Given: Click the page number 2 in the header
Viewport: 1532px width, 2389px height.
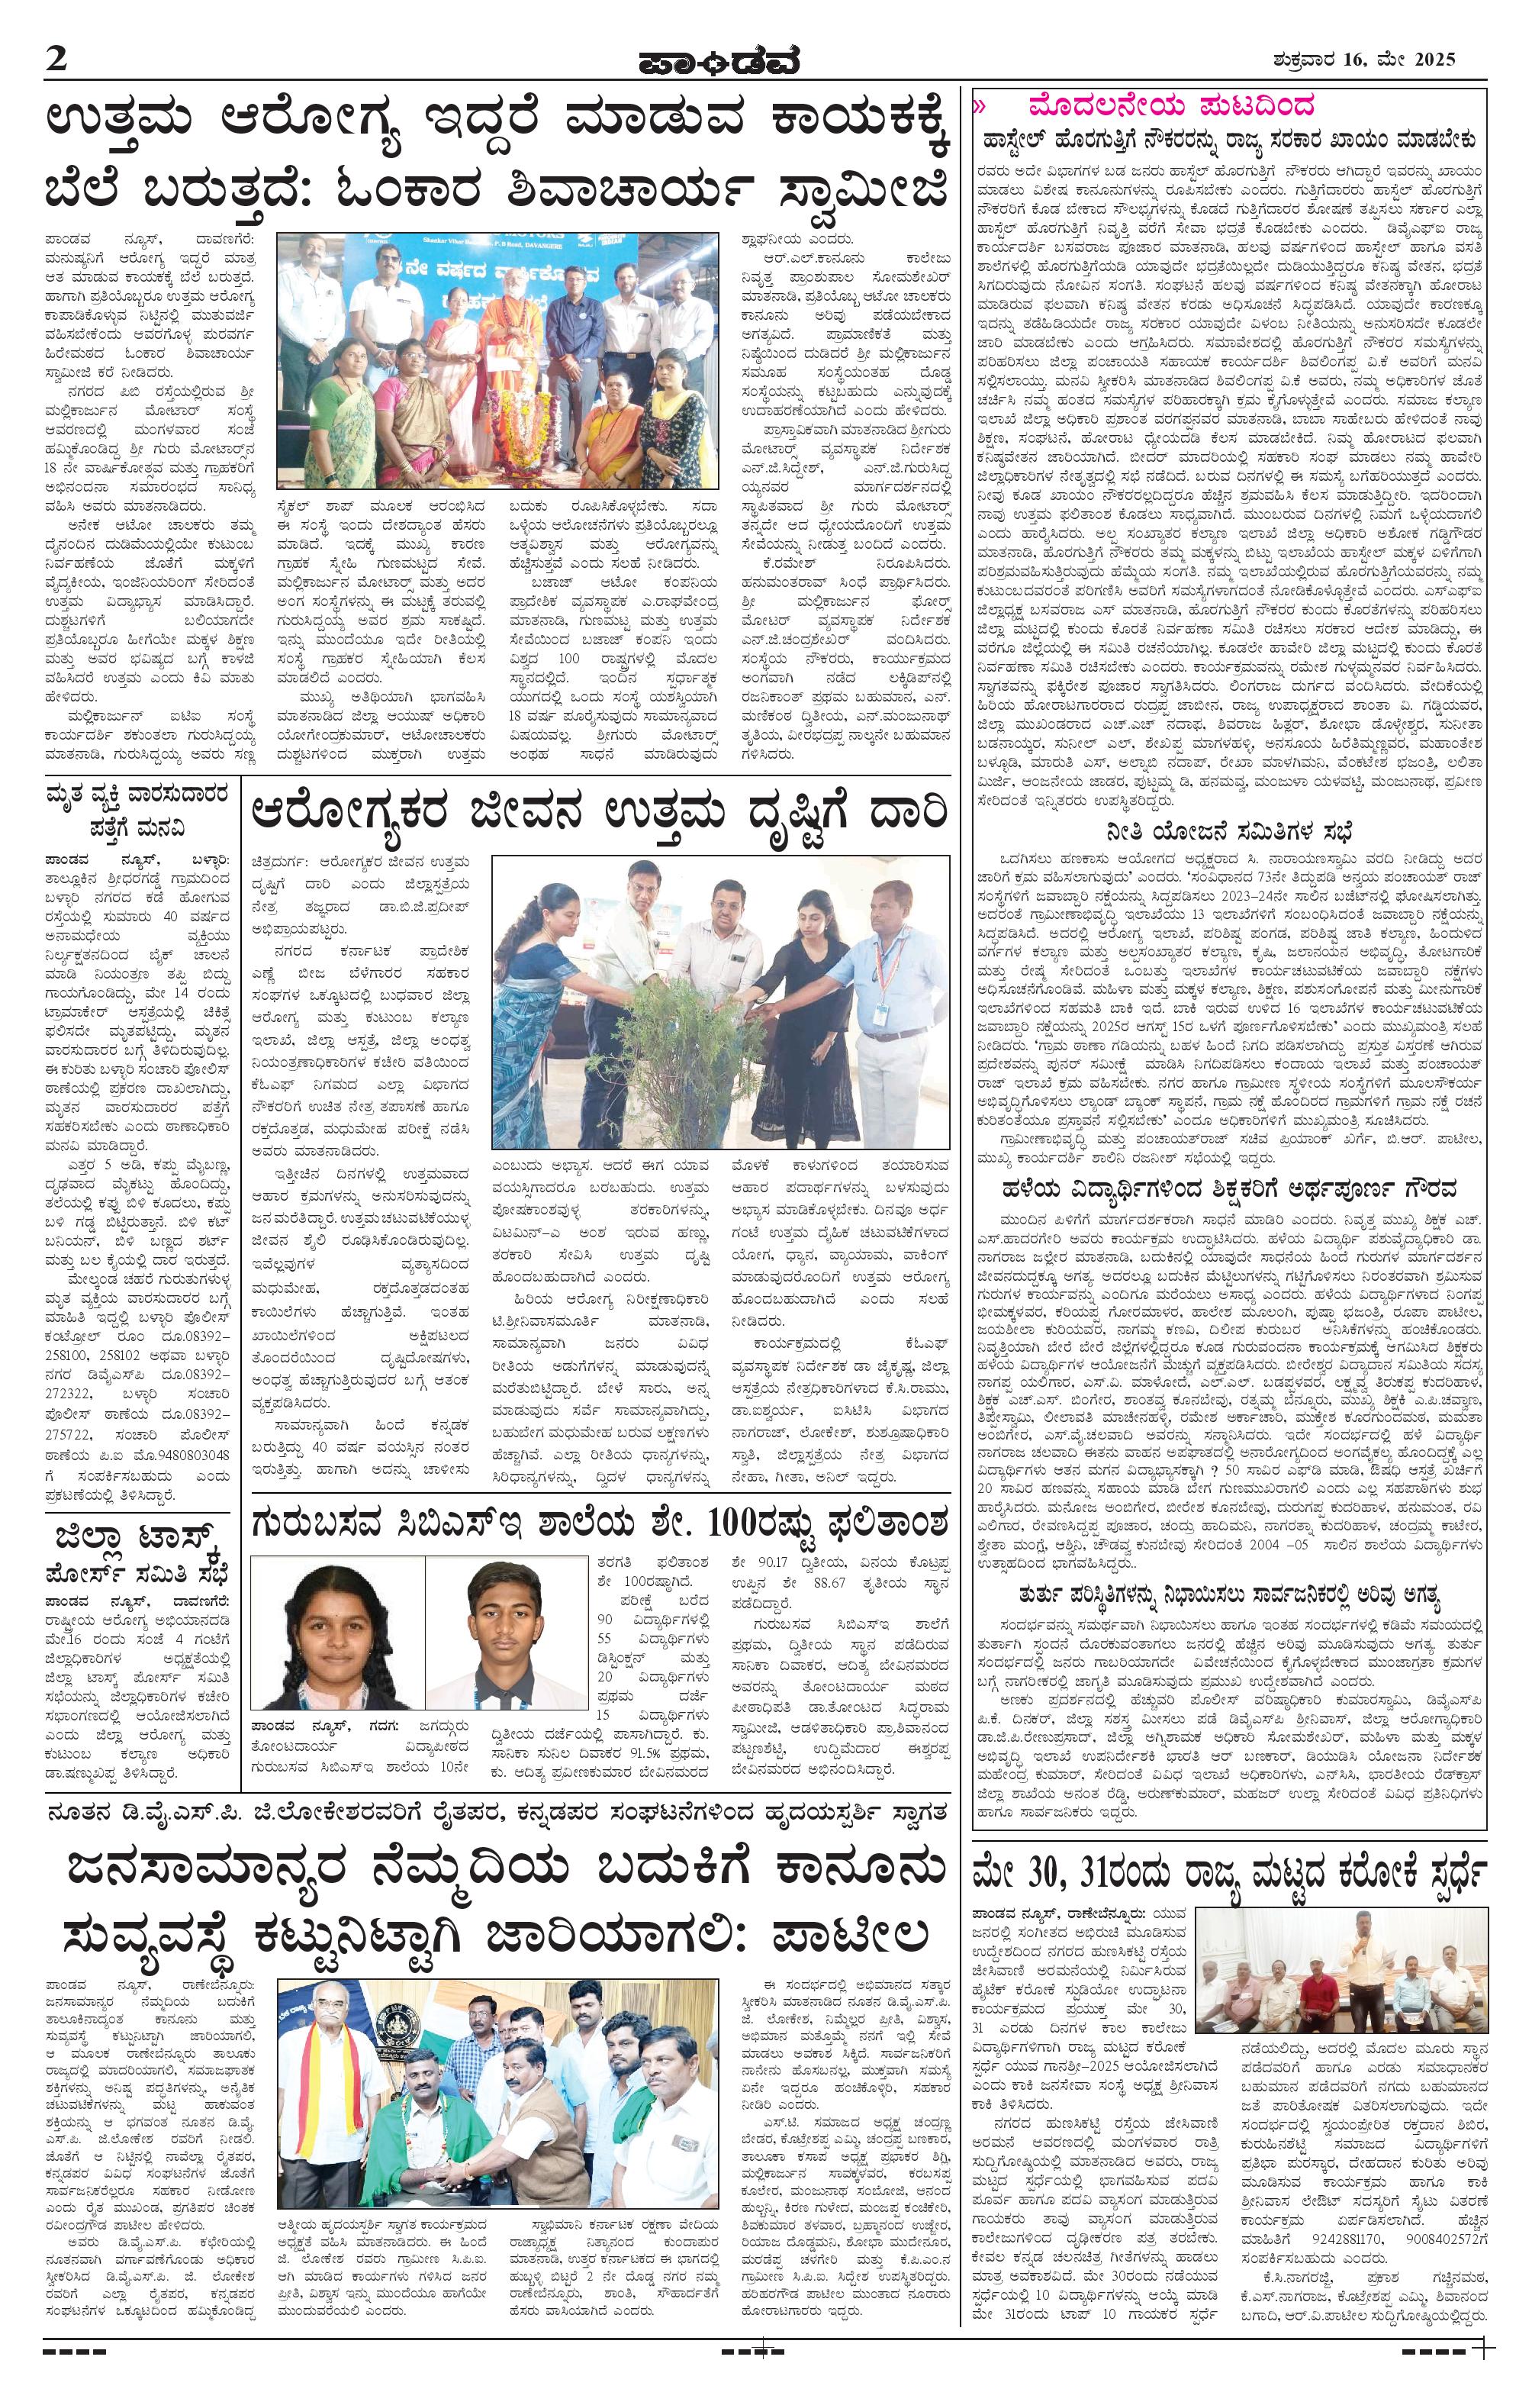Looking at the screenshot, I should coord(56,59).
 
